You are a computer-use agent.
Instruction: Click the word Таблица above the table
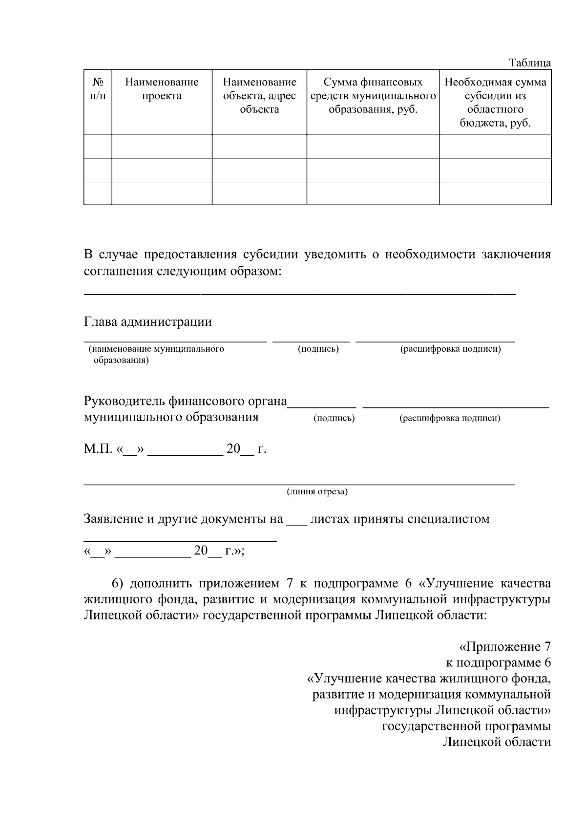530,63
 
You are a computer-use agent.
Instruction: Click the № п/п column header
98,89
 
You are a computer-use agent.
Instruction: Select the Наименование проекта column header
162,89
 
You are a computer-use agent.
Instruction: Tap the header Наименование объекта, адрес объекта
259,95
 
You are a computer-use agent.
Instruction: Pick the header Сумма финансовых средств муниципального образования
373,95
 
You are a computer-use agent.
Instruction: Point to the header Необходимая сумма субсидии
495,102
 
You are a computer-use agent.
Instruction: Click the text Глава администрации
148,322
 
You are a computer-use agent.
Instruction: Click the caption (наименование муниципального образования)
156,354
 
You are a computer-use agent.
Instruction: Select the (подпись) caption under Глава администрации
318,349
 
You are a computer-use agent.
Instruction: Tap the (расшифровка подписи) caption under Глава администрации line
450,349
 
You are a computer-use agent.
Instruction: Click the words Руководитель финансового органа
186,402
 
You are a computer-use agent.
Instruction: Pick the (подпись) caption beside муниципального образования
334,418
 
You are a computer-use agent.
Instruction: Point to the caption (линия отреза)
317,491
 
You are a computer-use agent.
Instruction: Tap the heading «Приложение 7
505,647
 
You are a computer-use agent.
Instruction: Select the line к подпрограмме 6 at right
499,663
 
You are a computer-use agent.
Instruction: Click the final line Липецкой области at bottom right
497,742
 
